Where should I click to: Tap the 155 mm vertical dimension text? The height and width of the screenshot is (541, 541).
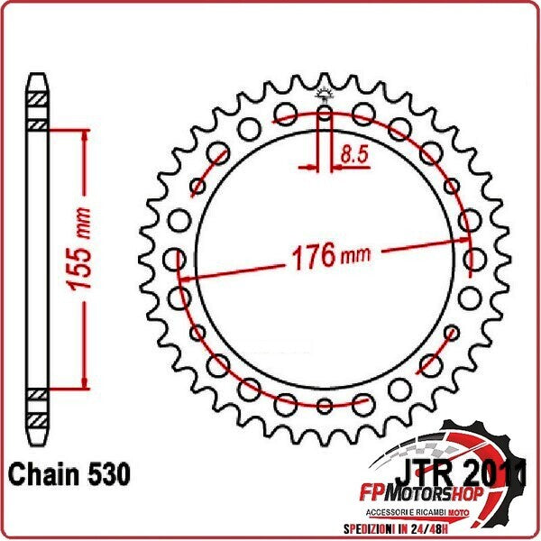pos(82,259)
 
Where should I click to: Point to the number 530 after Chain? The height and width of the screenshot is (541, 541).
pos(106,473)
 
